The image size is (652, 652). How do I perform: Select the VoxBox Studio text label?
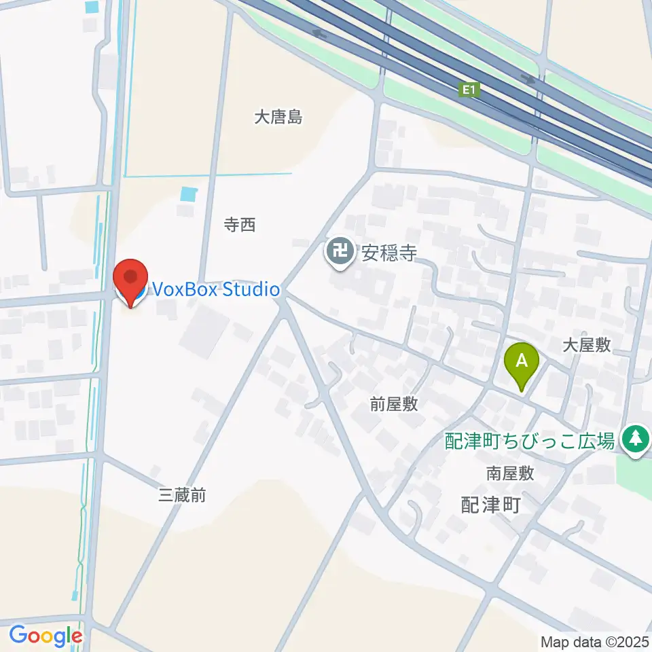pyautogui.click(x=215, y=290)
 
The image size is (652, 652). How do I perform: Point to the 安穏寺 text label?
pyautogui.click(x=388, y=254)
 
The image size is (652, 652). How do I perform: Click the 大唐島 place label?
pyautogui.click(x=278, y=117)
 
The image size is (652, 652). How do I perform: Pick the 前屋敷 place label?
pyautogui.click(x=394, y=405)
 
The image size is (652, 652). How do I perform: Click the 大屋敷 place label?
pyautogui.click(x=587, y=345)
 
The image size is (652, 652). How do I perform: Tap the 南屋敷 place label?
pyautogui.click(x=510, y=473)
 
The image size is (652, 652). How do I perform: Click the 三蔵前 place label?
pyautogui.click(x=181, y=495)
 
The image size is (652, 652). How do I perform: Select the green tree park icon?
pyautogui.click(x=636, y=438)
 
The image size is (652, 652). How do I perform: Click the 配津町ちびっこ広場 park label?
pyautogui.click(x=530, y=441)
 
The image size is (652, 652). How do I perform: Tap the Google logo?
pyautogui.click(x=46, y=636)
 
